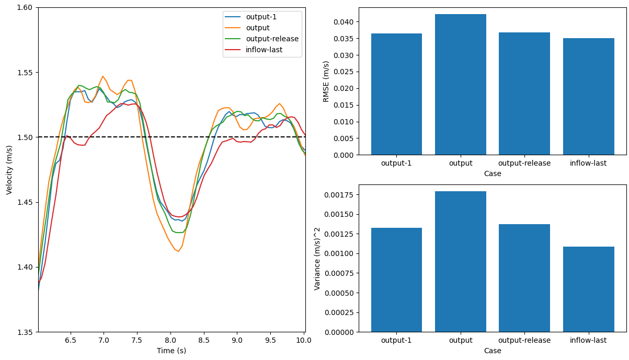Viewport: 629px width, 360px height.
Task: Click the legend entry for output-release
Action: pos(272,39)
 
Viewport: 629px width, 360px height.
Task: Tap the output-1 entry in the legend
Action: pos(261,17)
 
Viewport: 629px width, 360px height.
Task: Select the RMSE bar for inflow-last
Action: pos(588,97)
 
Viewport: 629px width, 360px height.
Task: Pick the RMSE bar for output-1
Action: pos(396,94)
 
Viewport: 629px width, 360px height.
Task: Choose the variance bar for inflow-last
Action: pos(588,289)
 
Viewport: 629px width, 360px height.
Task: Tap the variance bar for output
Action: pos(460,261)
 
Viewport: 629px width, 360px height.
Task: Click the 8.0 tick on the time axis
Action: pos(170,341)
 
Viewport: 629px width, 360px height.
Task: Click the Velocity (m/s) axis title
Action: pos(9,170)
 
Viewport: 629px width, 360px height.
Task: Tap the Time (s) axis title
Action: pos(171,351)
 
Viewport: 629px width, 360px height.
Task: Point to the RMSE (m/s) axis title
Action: pos(326,81)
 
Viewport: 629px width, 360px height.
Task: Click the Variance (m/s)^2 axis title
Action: pos(317,258)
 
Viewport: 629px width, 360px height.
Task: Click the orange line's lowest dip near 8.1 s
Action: pos(178,251)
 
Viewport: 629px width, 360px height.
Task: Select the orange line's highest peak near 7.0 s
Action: pos(103,76)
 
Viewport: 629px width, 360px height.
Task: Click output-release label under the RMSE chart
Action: pos(524,163)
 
